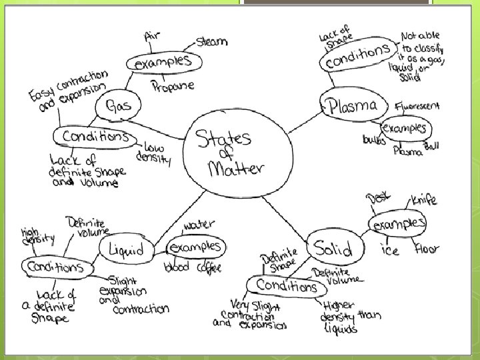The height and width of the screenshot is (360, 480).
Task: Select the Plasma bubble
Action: pyautogui.click(x=352, y=105)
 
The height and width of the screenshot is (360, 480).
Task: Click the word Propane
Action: pyautogui.click(x=173, y=86)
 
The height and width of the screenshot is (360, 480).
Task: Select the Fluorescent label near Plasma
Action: pyautogui.click(x=417, y=105)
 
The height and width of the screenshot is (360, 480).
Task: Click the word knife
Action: pyautogui.click(x=424, y=199)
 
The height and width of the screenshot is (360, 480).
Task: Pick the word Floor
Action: pyautogui.click(x=426, y=250)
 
